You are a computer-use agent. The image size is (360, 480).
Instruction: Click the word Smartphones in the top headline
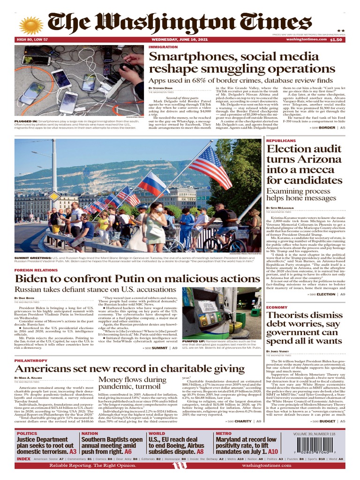[187, 57]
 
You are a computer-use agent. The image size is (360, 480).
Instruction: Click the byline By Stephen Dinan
[161, 88]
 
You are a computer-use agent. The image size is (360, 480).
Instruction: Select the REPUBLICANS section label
[281, 141]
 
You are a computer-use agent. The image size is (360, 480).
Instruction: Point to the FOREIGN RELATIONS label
[36, 270]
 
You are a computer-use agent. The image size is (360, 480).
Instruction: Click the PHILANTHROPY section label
[31, 360]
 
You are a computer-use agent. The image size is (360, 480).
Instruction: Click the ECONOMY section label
[277, 307]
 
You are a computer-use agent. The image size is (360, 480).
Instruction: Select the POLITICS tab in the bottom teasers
[27, 434]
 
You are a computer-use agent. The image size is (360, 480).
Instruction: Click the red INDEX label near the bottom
[23, 459]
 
